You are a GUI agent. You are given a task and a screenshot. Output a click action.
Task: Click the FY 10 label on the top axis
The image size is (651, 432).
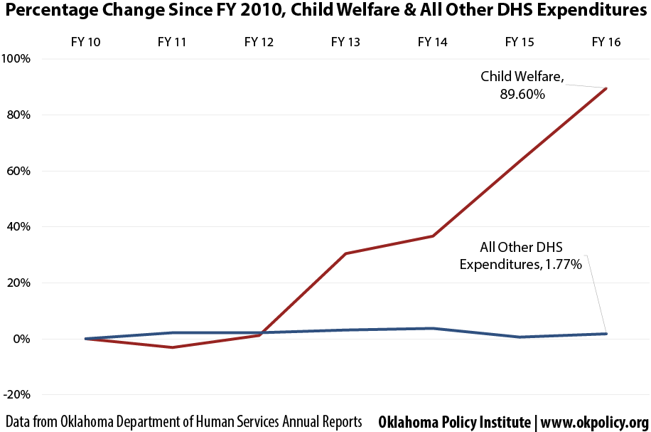pyautogui.click(x=85, y=42)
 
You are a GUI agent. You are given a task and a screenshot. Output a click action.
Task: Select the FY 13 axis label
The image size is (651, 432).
pyautogui.click(x=345, y=42)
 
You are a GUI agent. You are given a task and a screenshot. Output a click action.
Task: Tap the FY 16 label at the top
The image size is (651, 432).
pyautogui.click(x=606, y=42)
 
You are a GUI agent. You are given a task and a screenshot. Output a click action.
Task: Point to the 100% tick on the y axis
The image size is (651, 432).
pyautogui.click(x=16, y=58)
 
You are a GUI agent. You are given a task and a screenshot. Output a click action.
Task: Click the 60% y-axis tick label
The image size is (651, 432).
pyautogui.click(x=18, y=171)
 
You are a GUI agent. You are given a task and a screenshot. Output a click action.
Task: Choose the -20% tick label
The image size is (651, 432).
pyautogui.click(x=17, y=394)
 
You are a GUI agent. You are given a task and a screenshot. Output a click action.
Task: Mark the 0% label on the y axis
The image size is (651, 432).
pyautogui.click(x=21, y=339)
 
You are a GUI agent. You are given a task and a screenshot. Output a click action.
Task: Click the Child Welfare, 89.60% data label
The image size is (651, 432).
pyautogui.click(x=522, y=85)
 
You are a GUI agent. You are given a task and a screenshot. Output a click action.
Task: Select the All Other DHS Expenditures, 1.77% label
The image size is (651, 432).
pyautogui.click(x=521, y=255)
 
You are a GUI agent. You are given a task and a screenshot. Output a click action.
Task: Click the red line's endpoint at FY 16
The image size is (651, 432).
pyautogui.click(x=606, y=88)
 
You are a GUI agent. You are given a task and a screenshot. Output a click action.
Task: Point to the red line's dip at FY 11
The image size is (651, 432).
pyautogui.click(x=172, y=347)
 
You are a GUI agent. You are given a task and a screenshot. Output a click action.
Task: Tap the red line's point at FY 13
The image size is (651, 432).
pyautogui.click(x=346, y=253)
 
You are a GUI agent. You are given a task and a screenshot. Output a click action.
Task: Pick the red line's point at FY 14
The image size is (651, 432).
pyautogui.click(x=433, y=236)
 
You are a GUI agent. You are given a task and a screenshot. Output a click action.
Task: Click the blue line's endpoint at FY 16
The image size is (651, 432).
pyautogui.click(x=606, y=334)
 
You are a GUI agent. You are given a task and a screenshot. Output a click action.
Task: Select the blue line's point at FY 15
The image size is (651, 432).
pyautogui.click(x=520, y=337)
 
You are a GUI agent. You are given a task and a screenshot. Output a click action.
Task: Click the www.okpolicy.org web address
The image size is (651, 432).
pyautogui.click(x=595, y=423)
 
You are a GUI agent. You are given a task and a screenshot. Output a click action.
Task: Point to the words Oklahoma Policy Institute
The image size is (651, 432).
pyautogui.click(x=455, y=423)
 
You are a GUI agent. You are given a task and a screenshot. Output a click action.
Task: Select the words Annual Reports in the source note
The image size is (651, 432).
pyautogui.click(x=322, y=422)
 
